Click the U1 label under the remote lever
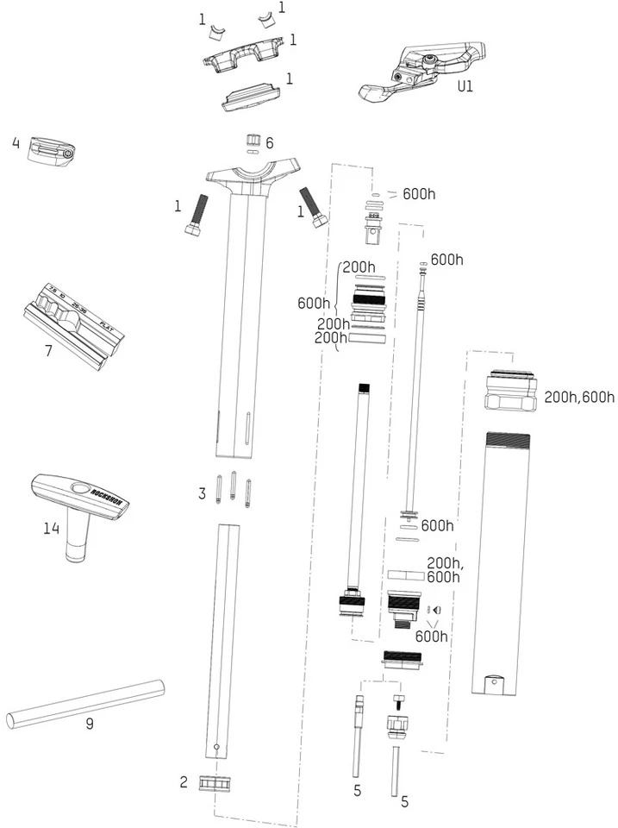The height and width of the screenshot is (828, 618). pyautogui.click(x=466, y=86)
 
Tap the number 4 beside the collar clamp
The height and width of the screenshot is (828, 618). pyautogui.click(x=16, y=142)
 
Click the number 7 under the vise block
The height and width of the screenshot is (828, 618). pyautogui.click(x=47, y=351)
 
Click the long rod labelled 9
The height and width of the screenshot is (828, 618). pyautogui.click(x=84, y=704)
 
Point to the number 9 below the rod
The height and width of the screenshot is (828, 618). pyautogui.click(x=89, y=724)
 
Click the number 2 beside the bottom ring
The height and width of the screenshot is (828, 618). pyautogui.click(x=184, y=782)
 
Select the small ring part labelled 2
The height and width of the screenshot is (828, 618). pyautogui.click(x=216, y=783)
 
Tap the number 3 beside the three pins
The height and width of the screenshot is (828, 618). pyautogui.click(x=203, y=493)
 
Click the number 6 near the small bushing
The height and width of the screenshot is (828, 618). pyautogui.click(x=269, y=143)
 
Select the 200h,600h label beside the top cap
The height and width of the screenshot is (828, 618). pyautogui.click(x=579, y=397)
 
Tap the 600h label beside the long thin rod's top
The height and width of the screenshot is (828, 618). pyautogui.click(x=446, y=259)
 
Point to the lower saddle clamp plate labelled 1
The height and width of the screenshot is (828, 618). pyautogui.click(x=250, y=97)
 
